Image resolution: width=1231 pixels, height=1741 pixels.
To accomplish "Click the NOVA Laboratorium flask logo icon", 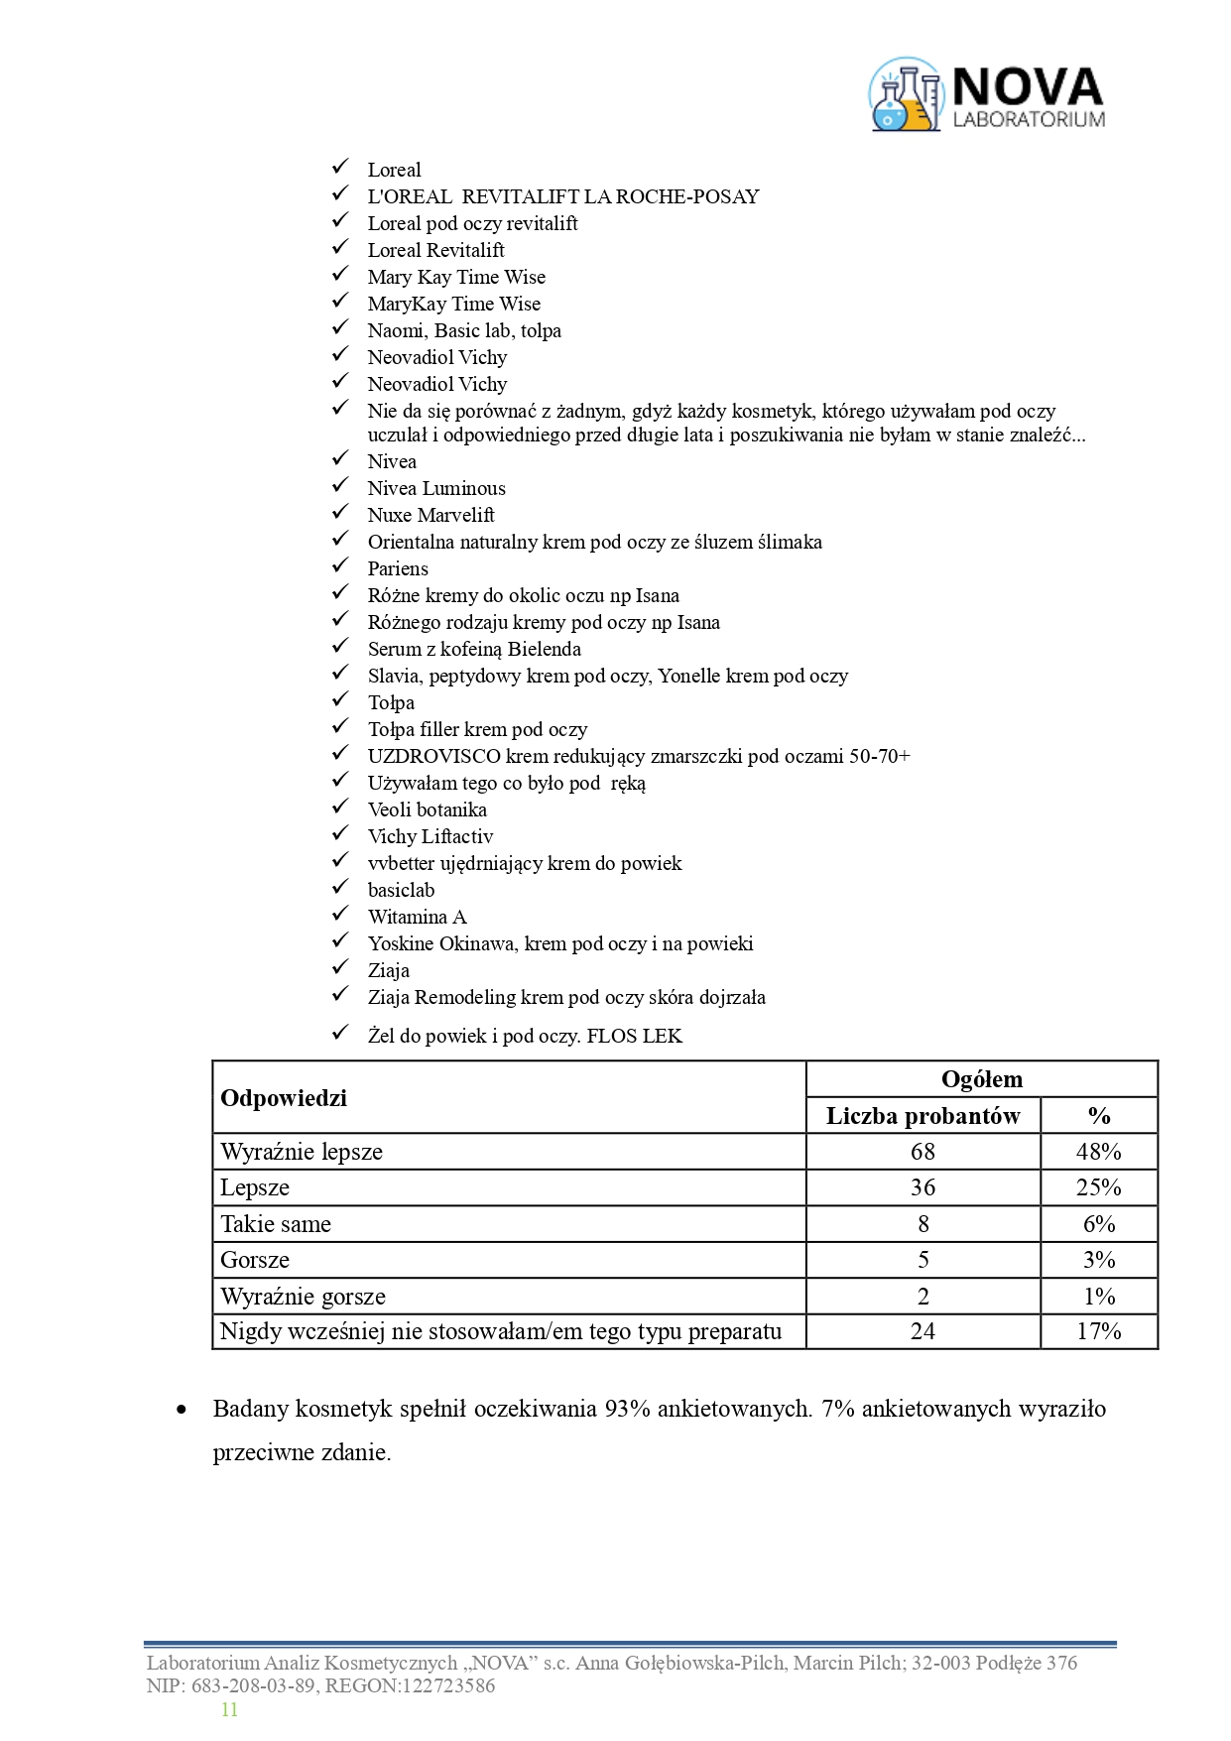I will pos(905,94).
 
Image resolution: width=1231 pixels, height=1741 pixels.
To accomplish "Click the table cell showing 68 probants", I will pos(923,1152).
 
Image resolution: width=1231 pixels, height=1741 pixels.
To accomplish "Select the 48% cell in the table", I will pos(1098,1152).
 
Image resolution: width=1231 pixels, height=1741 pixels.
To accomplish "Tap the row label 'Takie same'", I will pos(276,1224).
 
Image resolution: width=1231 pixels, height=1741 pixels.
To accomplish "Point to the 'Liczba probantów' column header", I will pos(923,1116).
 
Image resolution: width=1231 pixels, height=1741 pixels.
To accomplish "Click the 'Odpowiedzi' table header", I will pos(284,1097).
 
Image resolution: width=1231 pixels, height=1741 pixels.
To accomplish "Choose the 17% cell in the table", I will pos(1098,1331).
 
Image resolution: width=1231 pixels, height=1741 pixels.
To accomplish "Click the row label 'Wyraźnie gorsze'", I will pos(303,1297).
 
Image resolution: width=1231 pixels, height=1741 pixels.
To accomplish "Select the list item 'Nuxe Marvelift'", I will pos(431,515).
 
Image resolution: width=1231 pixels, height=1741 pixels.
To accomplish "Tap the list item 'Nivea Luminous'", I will pos(436,488).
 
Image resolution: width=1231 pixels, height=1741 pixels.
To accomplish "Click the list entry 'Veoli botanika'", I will pos(427,809).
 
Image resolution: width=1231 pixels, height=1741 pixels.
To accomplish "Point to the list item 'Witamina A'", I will pos(417,917).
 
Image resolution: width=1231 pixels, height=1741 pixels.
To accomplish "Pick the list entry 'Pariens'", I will pos(398,568).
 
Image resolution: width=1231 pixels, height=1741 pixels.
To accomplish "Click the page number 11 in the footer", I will pos(229,1709).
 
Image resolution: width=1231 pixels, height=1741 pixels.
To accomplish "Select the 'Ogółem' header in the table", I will pos(981,1079).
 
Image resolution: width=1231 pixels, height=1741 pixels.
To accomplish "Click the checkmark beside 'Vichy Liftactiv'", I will pos(340,834).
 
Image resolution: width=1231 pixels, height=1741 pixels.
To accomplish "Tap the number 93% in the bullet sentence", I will pos(627,1409).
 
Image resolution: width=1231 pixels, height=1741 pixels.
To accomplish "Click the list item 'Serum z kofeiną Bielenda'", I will pos(474,649).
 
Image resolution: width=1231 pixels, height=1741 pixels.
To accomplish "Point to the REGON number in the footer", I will pos(446,1685).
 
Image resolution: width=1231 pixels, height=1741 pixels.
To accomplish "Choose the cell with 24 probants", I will pos(923,1331).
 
